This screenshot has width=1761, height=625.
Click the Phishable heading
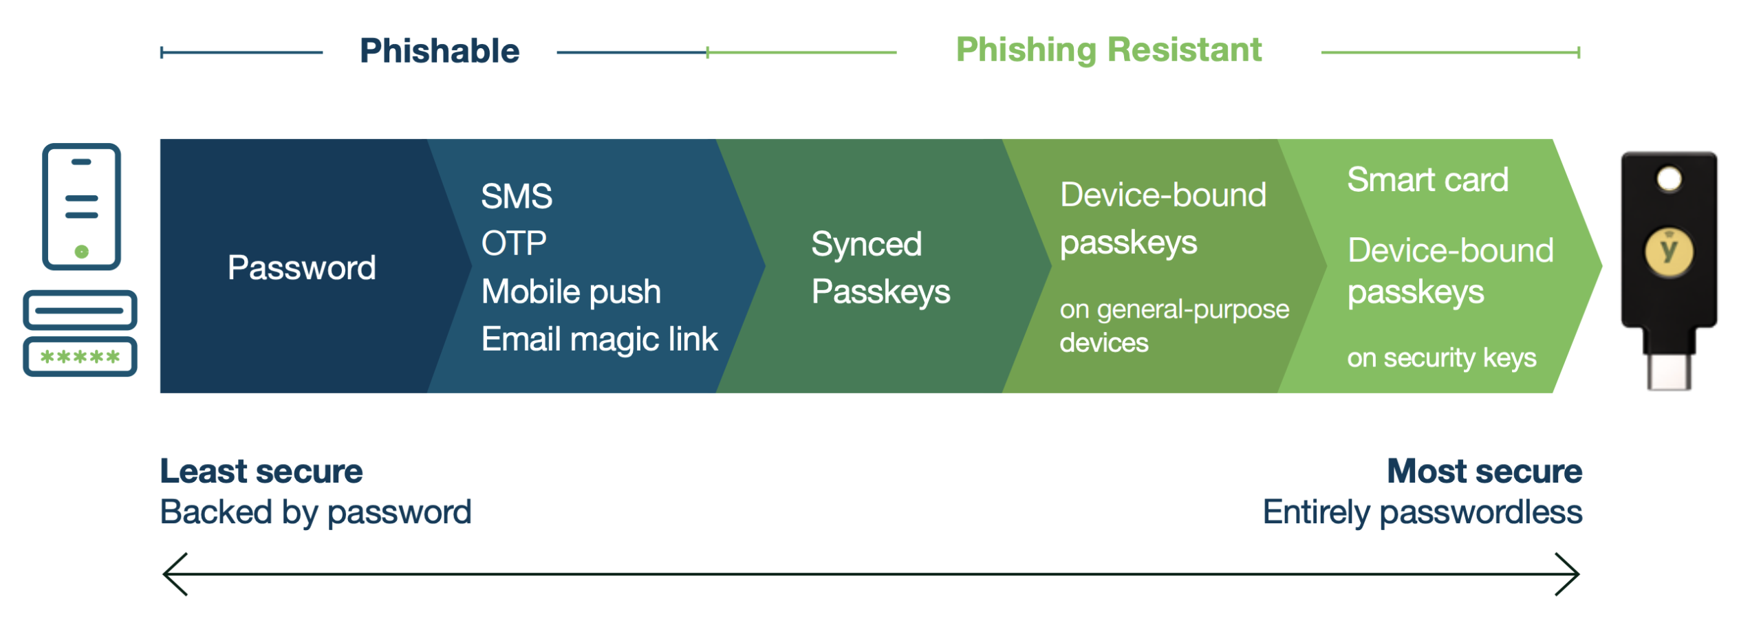tap(439, 51)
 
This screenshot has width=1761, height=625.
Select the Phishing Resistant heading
tap(1108, 50)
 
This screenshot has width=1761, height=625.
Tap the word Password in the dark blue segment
tap(301, 267)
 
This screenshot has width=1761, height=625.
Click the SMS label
tap(516, 196)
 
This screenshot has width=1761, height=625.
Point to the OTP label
tap(513, 243)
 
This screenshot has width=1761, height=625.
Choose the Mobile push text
tap(570, 291)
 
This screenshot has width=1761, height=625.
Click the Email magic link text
tap(598, 339)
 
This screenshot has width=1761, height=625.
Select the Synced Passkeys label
tap(880, 267)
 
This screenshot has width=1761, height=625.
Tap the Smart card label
tap(1427, 179)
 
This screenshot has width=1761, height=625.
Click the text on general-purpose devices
tap(1173, 325)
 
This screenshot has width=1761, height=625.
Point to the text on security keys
tap(1441, 358)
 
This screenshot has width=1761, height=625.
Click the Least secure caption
tap(261, 471)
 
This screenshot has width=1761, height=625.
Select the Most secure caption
tap(1484, 471)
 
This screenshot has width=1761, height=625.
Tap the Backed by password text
tap(315, 512)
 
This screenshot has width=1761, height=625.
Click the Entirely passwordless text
tap(1422, 512)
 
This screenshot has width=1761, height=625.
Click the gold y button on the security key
tap(1669, 251)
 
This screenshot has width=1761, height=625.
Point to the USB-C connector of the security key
tap(1669, 370)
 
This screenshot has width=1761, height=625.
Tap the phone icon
tap(81, 206)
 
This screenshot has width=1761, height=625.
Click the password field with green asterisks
tap(80, 357)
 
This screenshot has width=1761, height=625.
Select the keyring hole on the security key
tap(1669, 179)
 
